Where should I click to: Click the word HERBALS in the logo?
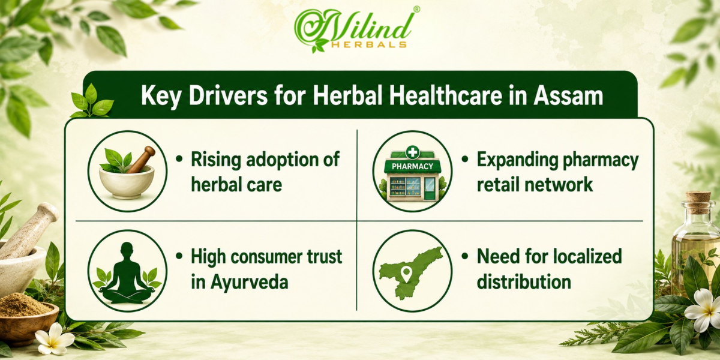368,44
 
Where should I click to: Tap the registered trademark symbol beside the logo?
416,10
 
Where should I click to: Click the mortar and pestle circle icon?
127,171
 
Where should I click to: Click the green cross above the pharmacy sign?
412,152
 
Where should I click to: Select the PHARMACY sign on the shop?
412,166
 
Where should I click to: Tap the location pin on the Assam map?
407,274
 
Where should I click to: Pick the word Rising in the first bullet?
215,160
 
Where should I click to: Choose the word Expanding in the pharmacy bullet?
517,160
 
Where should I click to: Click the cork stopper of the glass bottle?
698,197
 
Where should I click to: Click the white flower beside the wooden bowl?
55,338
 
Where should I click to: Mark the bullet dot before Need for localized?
464,257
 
